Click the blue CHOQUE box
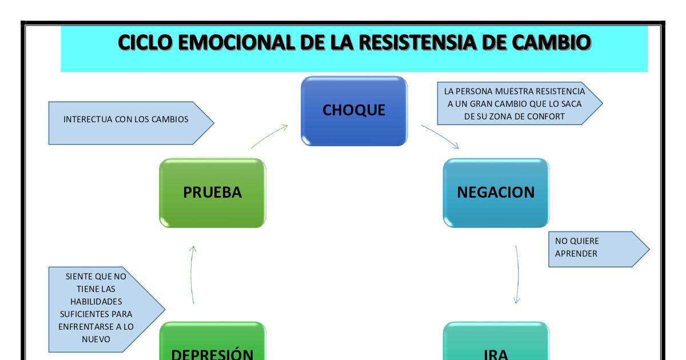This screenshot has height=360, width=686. (x=354, y=111)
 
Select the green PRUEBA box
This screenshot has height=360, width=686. (x=212, y=193)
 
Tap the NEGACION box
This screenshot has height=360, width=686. (x=496, y=193)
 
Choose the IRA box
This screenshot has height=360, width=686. (x=496, y=346)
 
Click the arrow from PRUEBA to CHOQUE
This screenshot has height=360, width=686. (x=269, y=137)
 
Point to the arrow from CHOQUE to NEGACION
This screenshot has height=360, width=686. (x=440, y=137)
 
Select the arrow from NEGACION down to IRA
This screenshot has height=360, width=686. (x=517, y=274)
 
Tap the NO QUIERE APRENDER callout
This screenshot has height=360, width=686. (x=595, y=248)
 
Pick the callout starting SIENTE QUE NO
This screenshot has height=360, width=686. (x=103, y=308)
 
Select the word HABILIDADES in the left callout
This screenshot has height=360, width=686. (x=96, y=301)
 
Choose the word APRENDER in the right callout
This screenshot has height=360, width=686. (x=576, y=254)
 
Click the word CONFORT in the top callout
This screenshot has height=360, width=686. (x=545, y=116)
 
